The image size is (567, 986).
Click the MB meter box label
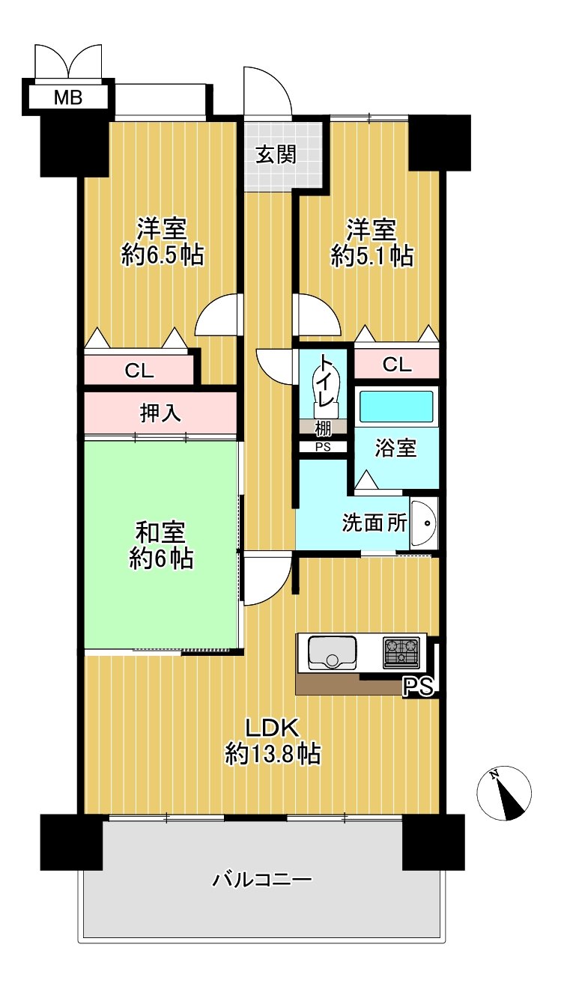point(68,97)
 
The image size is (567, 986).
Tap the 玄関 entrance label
point(276,155)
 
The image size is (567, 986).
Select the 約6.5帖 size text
point(163,255)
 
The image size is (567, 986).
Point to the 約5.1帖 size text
point(372,255)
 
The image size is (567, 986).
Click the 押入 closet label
point(160,413)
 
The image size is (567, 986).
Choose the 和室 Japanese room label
point(160,532)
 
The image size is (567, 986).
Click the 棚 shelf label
point(323,427)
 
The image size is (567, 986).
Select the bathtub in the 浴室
point(397,407)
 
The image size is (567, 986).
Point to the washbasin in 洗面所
point(423,524)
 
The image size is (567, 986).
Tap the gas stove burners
point(401,652)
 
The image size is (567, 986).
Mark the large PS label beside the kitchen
point(418,687)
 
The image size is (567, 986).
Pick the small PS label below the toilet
point(323,447)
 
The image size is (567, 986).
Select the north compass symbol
point(504,793)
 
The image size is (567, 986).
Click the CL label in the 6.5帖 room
point(139,371)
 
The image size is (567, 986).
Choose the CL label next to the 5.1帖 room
point(397,365)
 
